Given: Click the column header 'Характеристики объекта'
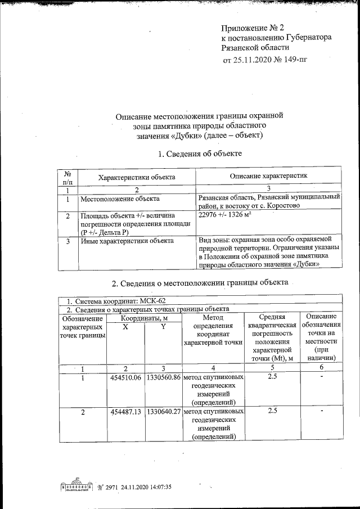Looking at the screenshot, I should tap(137, 177).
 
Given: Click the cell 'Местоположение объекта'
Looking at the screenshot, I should tap(120, 199).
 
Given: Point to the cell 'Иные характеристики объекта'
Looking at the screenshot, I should tap(126, 241).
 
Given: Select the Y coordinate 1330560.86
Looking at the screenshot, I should tap(163, 377).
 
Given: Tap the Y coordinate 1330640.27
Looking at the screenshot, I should tap(163, 412).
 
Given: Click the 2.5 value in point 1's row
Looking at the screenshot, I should tap(272, 377).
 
